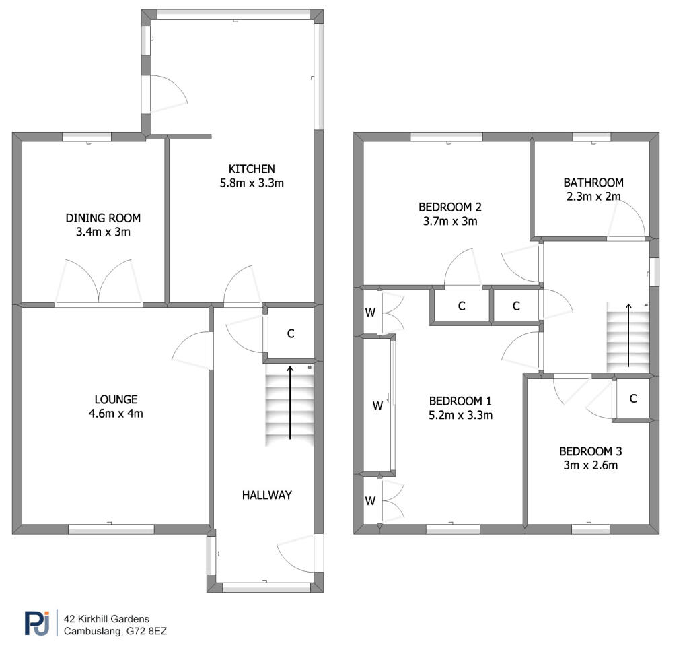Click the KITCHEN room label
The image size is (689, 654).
[x=252, y=169]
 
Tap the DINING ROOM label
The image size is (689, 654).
[x=103, y=218]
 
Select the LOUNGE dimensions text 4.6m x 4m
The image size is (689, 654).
[x=116, y=414]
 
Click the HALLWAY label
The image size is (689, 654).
[x=266, y=495]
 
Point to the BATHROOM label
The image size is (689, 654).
[x=593, y=183]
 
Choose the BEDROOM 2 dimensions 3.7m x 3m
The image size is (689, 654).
[x=450, y=221]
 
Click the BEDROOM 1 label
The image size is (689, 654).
[x=460, y=401]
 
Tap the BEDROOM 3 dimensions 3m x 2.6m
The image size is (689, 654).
[x=591, y=465]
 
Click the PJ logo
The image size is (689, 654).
[x=37, y=623]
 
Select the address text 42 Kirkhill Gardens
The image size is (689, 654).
[x=106, y=619]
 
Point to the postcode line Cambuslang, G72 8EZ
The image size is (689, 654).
[x=115, y=631]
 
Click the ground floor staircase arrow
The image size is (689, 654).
[x=290, y=402]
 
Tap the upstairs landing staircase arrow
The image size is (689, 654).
[x=629, y=335]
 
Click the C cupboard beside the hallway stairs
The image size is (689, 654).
[x=291, y=334]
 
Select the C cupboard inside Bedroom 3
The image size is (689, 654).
[x=632, y=399]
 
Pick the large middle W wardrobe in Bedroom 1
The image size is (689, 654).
[x=377, y=405]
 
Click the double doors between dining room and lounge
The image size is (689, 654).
[x=98, y=282]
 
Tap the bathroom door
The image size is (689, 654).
[x=626, y=220]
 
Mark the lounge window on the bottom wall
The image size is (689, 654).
[x=111, y=529]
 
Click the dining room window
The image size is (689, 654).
[x=87, y=137]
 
